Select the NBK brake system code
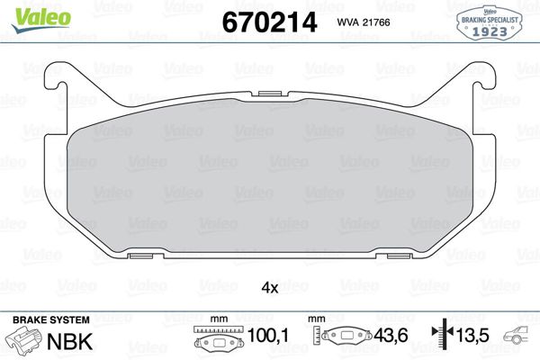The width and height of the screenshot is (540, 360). pos(74,340)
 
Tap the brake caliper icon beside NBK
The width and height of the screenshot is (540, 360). pos(25,341)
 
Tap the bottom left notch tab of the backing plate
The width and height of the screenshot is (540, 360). pos(141,256)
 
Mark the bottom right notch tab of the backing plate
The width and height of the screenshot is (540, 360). pos(398,256)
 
